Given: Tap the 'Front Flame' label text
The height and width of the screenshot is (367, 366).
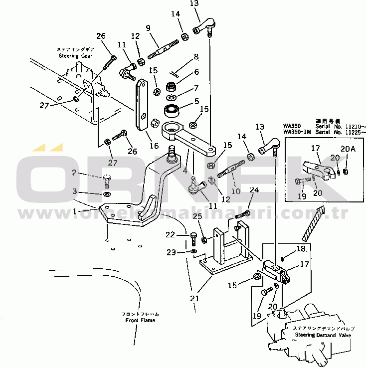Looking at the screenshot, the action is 140,320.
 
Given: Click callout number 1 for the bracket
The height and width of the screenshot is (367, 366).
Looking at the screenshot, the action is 75,211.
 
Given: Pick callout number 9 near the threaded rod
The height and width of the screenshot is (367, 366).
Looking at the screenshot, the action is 148,28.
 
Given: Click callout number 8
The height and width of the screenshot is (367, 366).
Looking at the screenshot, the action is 196,57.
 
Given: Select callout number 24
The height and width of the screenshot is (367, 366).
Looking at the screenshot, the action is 254,189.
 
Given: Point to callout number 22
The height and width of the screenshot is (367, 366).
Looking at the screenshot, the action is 171,234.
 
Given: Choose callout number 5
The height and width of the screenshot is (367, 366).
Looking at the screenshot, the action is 196,100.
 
